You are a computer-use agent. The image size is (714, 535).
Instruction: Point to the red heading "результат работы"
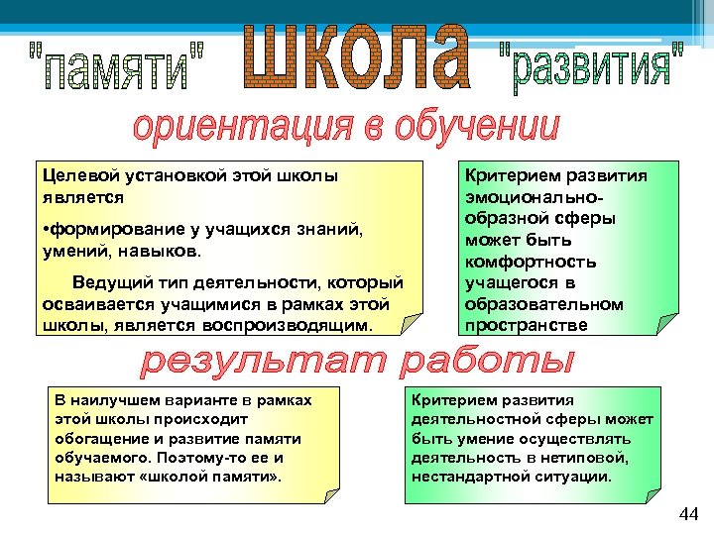click(x=357, y=364)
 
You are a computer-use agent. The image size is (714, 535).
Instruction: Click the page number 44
click(x=688, y=513)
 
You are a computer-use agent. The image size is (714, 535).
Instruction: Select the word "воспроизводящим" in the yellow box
click(x=299, y=324)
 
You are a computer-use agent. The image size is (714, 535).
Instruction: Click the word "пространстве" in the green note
click(x=517, y=325)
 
